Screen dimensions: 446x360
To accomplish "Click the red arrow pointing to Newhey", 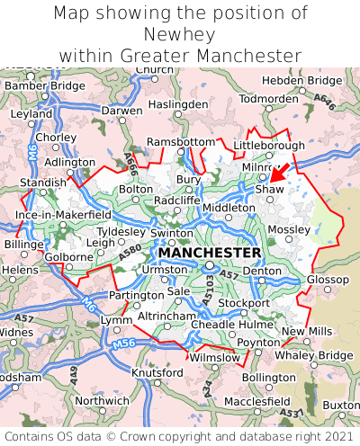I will (280, 172).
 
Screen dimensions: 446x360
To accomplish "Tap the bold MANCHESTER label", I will (210, 253).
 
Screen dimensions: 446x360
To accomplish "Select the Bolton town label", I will (136, 190).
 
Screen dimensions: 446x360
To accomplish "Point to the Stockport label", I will (243, 303).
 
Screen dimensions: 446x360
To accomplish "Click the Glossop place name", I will (328, 280).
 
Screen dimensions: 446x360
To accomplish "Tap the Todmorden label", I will (269, 98).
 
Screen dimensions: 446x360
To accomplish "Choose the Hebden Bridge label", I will (301, 80).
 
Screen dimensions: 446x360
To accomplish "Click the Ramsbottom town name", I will (181, 143).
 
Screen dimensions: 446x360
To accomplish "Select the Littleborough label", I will (269, 145).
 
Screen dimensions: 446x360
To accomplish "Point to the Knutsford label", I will (157, 372).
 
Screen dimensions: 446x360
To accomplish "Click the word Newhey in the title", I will (180, 34).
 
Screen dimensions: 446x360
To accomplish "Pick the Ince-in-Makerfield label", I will (63, 216).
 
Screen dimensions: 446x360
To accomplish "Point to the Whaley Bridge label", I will (313, 355).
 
